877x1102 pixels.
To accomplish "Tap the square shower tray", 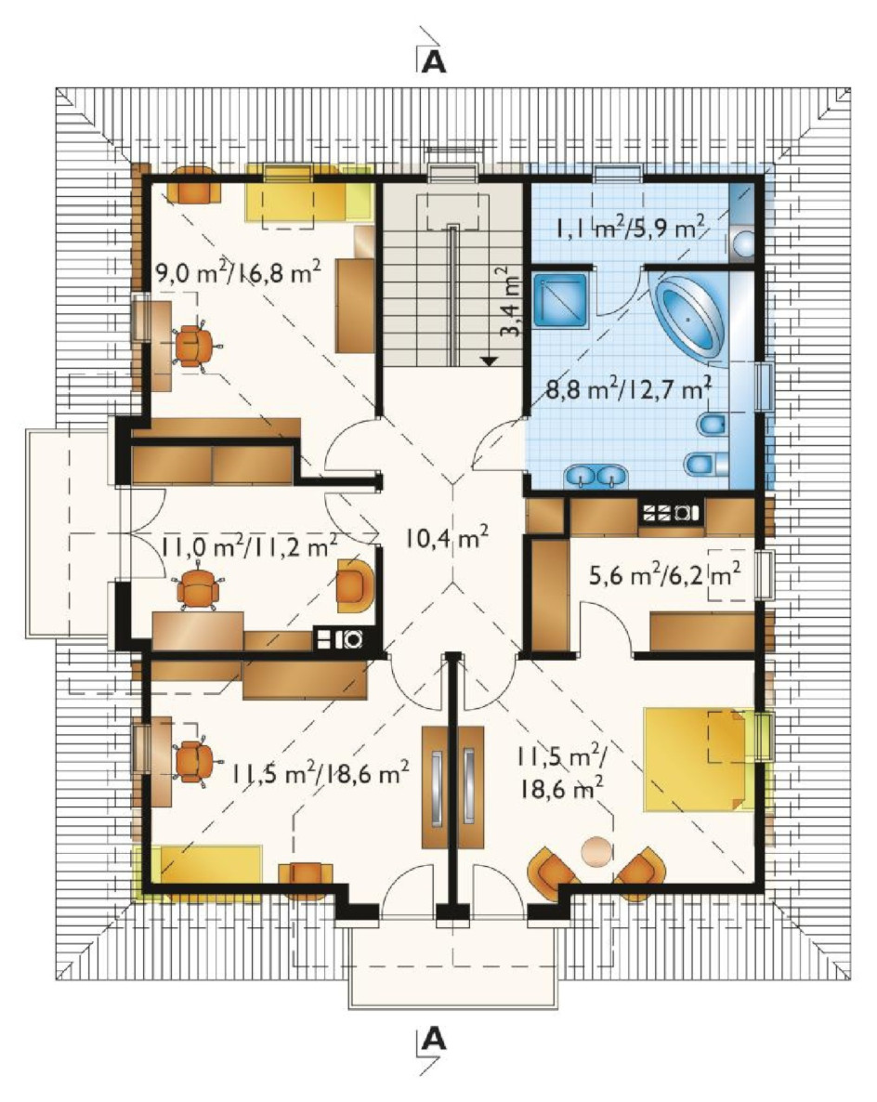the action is click(560, 300).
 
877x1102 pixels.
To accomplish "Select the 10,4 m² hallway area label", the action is click(446, 538).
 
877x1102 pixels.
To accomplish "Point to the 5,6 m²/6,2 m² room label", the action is click(664, 575).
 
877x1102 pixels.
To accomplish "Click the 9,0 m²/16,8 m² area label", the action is click(238, 271).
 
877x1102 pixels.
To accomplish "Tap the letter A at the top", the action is click(434, 62).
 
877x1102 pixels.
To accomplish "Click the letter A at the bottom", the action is click(434, 1038).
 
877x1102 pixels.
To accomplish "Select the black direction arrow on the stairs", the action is click(490, 361).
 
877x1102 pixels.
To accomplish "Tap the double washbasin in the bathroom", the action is click(596, 476).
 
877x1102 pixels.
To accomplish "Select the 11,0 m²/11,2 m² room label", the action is click(249, 545).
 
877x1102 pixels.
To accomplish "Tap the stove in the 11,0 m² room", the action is click(339, 639).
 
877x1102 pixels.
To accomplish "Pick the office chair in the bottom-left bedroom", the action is click(195, 760).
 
